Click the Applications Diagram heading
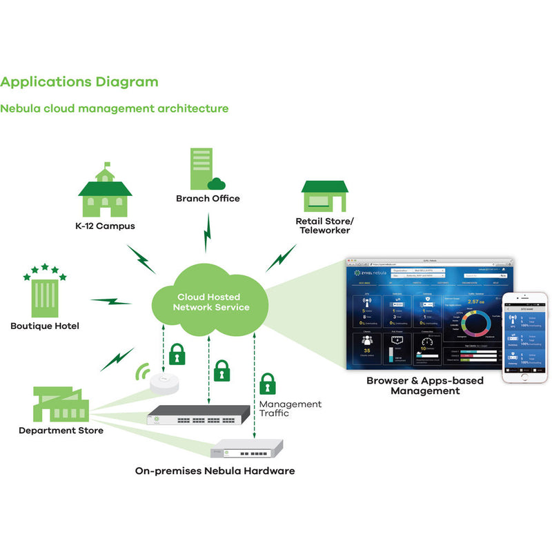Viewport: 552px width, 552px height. pyautogui.click(x=79, y=82)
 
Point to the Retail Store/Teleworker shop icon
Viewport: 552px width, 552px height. pyautogui.click(x=324, y=197)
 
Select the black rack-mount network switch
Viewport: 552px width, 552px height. pyautogui.click(x=198, y=414)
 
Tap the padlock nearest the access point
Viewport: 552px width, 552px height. pyautogui.click(x=177, y=353)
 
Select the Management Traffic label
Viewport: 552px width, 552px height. pyautogui.click(x=290, y=409)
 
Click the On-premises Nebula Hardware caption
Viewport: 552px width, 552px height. pyautogui.click(x=215, y=471)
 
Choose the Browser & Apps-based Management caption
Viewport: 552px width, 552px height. pyautogui.click(x=424, y=386)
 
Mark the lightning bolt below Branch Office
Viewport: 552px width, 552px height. pyautogui.click(x=206, y=233)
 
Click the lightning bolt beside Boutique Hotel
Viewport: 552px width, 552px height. pyautogui.click(x=110, y=302)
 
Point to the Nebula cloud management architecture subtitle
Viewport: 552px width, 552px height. pyautogui.click(x=114, y=109)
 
